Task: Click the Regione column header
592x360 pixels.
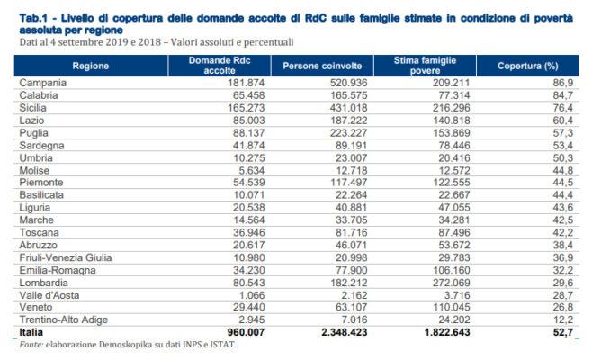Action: click(92, 67)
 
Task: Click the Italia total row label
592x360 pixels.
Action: click(34, 331)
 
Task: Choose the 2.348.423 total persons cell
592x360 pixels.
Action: click(322, 331)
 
